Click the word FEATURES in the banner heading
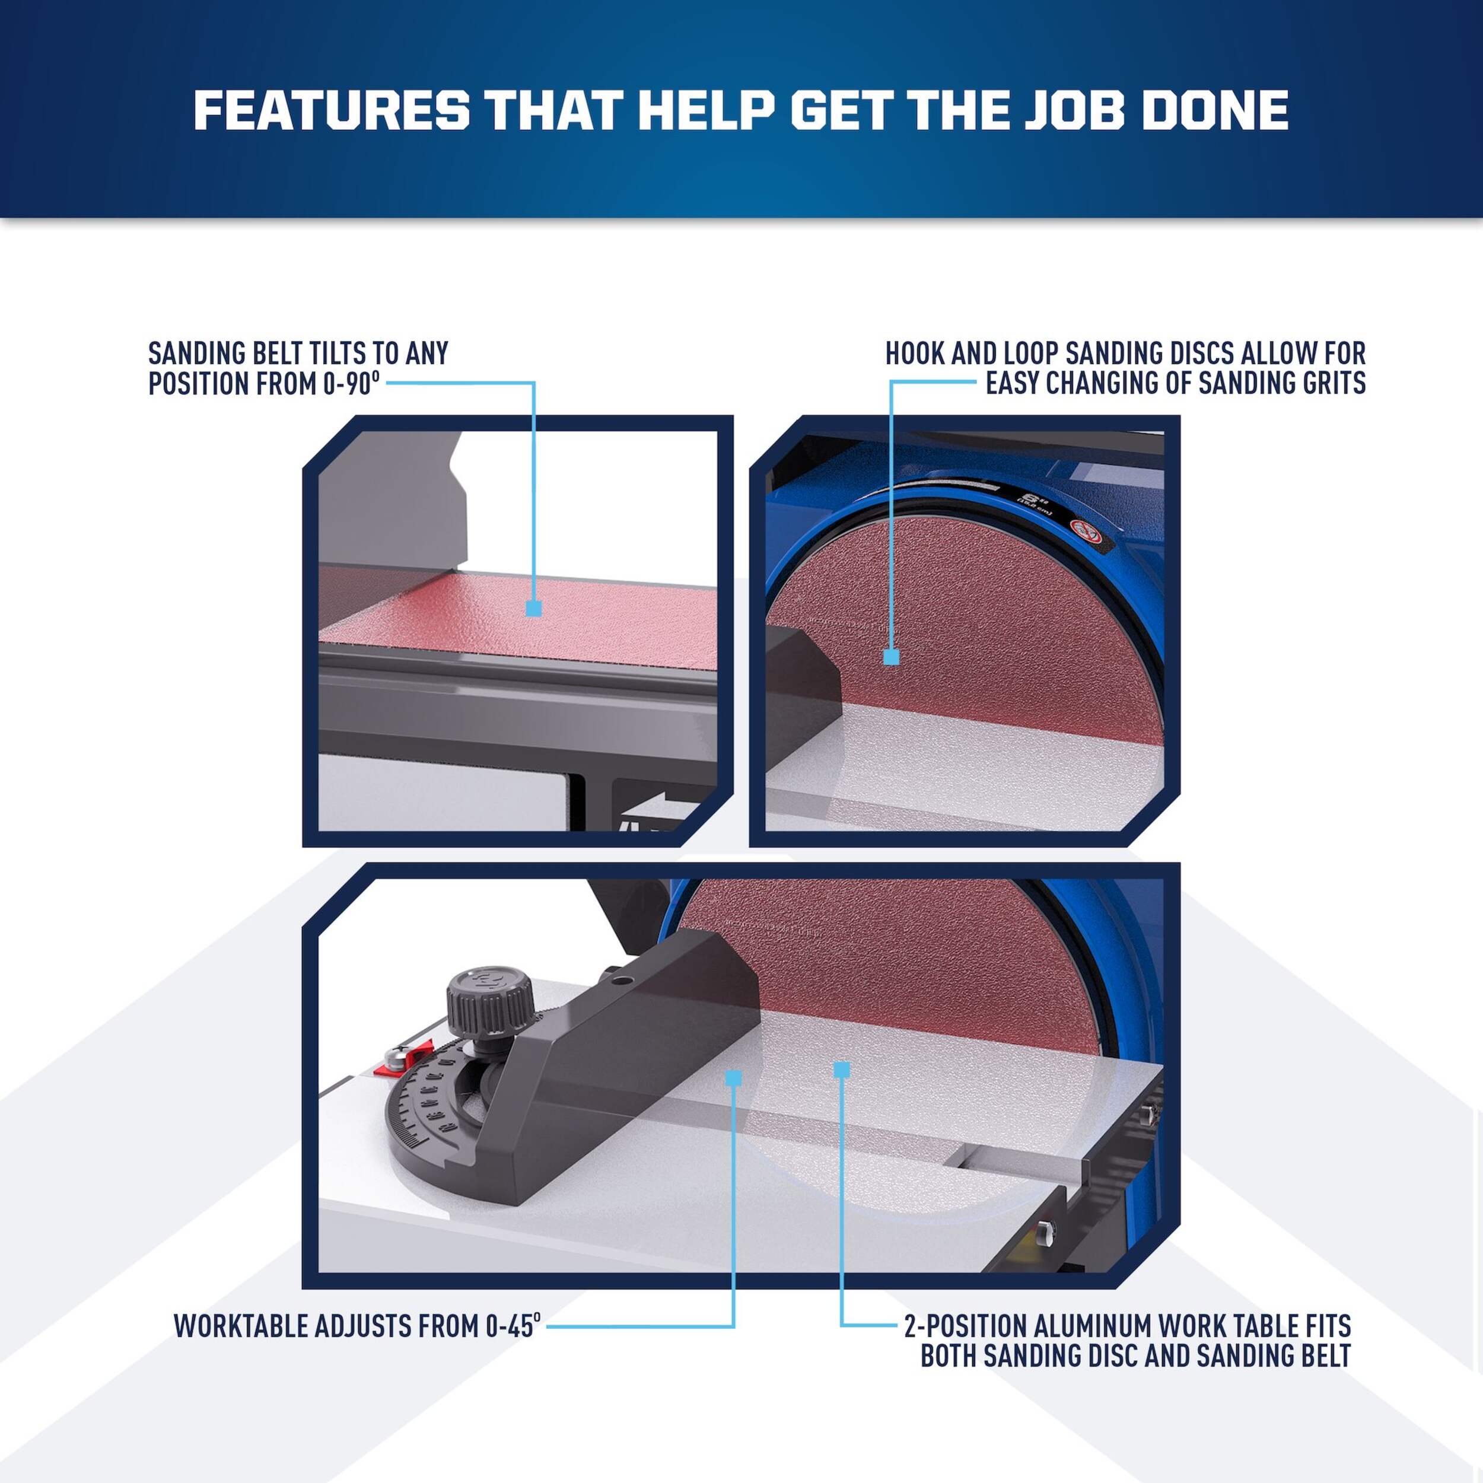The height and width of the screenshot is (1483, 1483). (332, 110)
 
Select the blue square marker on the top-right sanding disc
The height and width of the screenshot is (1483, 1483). (891, 657)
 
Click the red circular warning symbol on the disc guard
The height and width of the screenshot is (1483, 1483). (1083, 530)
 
